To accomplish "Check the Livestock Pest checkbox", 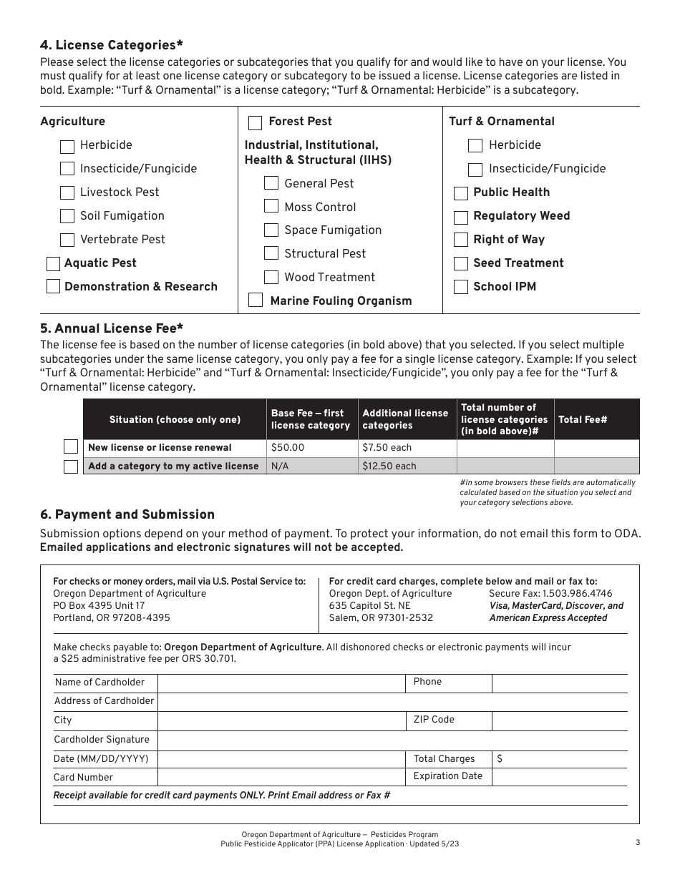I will (x=67, y=192).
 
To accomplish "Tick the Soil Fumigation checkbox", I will (x=67, y=216).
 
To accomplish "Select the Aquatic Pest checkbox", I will (x=53, y=263).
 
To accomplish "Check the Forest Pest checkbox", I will (x=255, y=122).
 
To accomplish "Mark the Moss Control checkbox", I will (x=271, y=207).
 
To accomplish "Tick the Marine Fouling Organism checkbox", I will (x=256, y=300).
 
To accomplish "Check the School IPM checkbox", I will (x=461, y=287).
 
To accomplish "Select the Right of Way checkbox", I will (x=461, y=240).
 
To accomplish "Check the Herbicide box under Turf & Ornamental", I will (x=475, y=145).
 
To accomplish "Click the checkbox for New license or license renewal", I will (x=71, y=447).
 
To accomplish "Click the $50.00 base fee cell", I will (x=312, y=448).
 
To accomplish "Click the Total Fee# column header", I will (x=583, y=419).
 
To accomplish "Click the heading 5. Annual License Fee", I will (x=112, y=328).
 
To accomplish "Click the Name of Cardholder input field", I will (x=281, y=683).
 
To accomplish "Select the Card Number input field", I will (x=281, y=777).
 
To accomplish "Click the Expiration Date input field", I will (x=559, y=776).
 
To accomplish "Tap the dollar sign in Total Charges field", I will (x=499, y=759).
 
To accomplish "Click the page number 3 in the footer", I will (x=637, y=842).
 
